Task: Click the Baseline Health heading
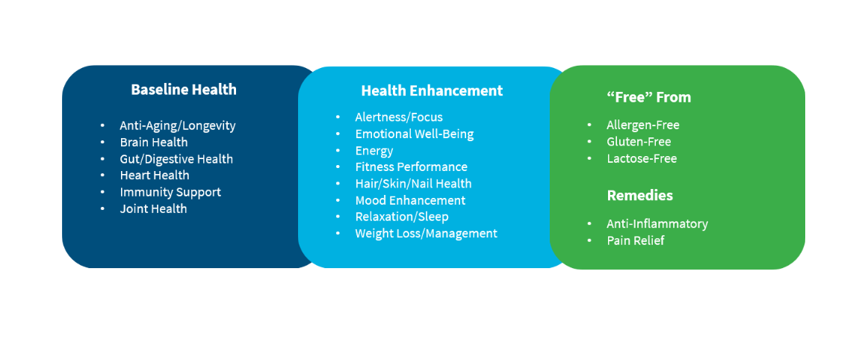(x=184, y=90)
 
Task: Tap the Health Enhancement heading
(x=432, y=90)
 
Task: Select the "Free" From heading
(x=648, y=97)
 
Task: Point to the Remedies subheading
(x=640, y=195)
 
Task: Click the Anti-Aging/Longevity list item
(x=178, y=126)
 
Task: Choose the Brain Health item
(x=154, y=143)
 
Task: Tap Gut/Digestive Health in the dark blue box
(x=176, y=159)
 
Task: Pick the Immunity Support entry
(x=170, y=193)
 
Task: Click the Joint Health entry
(x=153, y=209)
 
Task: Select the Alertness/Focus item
(x=399, y=117)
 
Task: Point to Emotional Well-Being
(x=415, y=134)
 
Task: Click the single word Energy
(x=374, y=151)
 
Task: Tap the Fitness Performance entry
(x=412, y=167)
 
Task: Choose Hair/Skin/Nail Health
(x=413, y=184)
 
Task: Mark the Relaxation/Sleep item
(x=402, y=217)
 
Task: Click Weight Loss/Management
(x=426, y=234)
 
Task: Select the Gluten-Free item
(x=639, y=142)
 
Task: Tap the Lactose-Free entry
(x=642, y=159)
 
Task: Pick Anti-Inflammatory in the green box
(x=657, y=224)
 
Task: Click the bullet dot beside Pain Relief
(x=590, y=240)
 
